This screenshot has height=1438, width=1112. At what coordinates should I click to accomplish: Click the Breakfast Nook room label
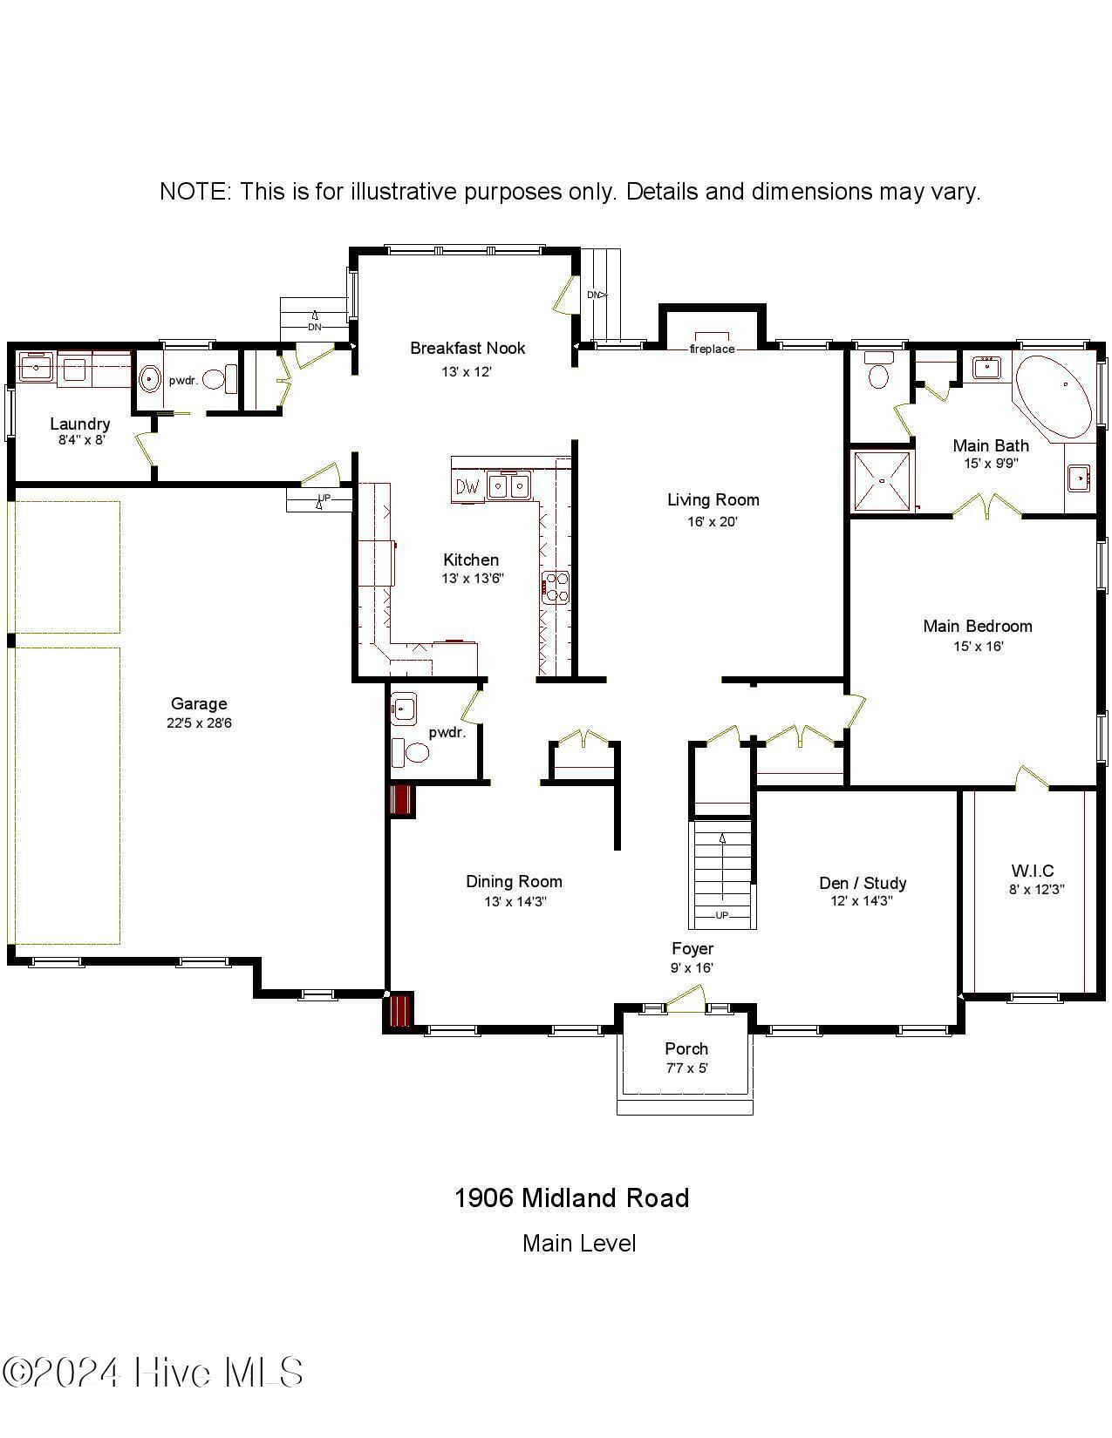pyautogui.click(x=467, y=348)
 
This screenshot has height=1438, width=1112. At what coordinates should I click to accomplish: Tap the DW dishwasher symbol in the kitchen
pyautogui.click(x=467, y=486)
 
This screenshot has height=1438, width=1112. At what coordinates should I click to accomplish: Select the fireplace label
pyautogui.click(x=712, y=349)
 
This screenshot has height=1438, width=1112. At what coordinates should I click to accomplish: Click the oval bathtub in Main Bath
pyautogui.click(x=1054, y=397)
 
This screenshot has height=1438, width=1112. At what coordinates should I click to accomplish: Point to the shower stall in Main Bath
pyautogui.click(x=882, y=481)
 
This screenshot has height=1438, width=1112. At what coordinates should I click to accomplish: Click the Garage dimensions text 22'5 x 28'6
pyautogui.click(x=199, y=723)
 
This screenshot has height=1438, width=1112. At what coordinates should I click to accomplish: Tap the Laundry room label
pyautogui.click(x=79, y=424)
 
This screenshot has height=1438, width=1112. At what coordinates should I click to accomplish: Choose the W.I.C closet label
pyautogui.click(x=1033, y=871)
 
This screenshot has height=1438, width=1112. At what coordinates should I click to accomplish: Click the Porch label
pyautogui.click(x=686, y=1048)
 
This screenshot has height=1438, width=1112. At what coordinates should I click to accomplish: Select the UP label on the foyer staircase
pyautogui.click(x=722, y=915)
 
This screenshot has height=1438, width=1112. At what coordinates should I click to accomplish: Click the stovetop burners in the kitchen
pyautogui.click(x=556, y=587)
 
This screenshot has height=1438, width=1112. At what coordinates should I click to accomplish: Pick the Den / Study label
pyautogui.click(x=863, y=883)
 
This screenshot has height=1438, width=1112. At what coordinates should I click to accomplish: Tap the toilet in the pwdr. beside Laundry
pyautogui.click(x=229, y=378)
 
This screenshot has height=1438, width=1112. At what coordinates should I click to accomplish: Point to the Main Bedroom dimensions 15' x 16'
pyautogui.click(x=977, y=647)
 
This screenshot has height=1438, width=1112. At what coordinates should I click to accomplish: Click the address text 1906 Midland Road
pyautogui.click(x=571, y=1198)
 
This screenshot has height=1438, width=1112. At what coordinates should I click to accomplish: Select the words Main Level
pyautogui.click(x=579, y=1244)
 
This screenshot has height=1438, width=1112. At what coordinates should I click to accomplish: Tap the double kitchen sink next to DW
pyautogui.click(x=508, y=485)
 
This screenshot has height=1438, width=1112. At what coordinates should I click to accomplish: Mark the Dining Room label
pyautogui.click(x=514, y=881)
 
